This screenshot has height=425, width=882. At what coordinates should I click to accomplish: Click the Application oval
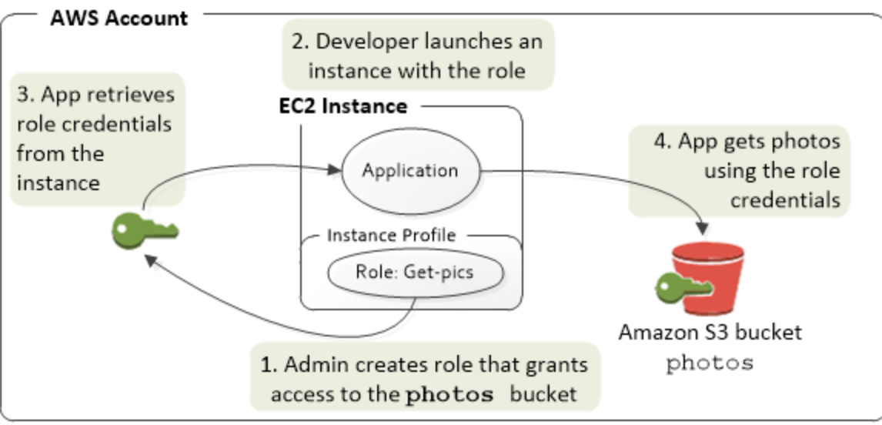410,171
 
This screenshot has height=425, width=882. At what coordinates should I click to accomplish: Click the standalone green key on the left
145,229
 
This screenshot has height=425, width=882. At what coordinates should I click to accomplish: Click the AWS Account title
119,18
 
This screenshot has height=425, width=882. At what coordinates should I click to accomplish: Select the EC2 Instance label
342,106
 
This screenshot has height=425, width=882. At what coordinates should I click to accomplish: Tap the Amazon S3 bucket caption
710,333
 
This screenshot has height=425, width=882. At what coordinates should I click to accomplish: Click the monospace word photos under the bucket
710,362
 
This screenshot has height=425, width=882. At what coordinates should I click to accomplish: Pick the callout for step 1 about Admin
425,378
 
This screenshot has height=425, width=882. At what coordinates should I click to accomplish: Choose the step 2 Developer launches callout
417,55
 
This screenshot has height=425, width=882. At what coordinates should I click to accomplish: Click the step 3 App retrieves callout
96,139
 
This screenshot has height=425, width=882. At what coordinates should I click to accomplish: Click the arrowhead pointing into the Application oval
336,169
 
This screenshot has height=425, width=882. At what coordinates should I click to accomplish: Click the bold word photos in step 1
449,395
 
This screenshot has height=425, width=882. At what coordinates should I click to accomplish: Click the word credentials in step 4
785,200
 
